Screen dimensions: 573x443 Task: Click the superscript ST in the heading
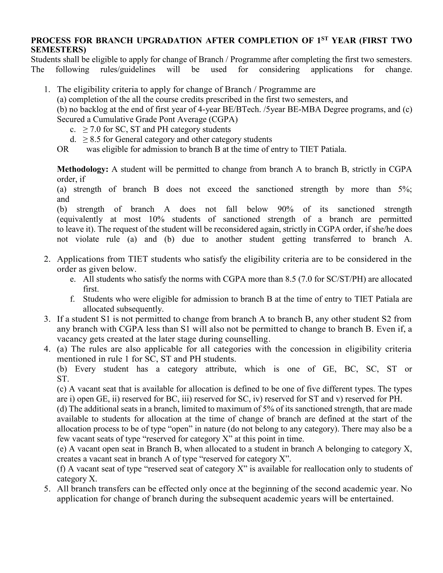click(325, 38)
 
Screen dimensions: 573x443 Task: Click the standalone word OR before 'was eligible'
click(63, 149)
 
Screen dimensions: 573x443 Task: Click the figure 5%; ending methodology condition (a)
click(405, 189)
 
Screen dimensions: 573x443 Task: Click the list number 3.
click(47, 319)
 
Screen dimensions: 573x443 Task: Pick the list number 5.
click(47, 489)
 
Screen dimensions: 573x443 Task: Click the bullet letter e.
click(73, 279)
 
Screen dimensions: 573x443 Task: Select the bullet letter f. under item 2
click(73, 299)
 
